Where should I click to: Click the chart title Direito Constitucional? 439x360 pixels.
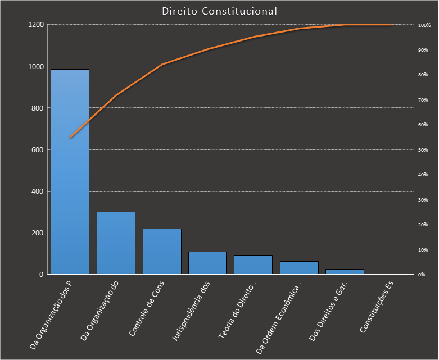pyautogui.click(x=219, y=11)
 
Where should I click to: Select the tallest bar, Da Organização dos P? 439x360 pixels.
pyautogui.click(x=70, y=171)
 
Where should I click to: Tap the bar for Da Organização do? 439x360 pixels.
pyautogui.click(x=116, y=243)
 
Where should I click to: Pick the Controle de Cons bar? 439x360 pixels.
pyautogui.click(x=162, y=251)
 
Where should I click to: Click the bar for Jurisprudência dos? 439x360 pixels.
pyautogui.click(x=207, y=263)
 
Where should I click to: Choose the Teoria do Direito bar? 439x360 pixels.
pyautogui.click(x=253, y=265)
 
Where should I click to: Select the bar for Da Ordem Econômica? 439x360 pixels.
pyautogui.click(x=299, y=268)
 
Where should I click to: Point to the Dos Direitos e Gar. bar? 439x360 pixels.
pyautogui.click(x=345, y=271)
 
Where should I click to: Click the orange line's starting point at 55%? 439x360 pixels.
pyautogui.click(x=70, y=137)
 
